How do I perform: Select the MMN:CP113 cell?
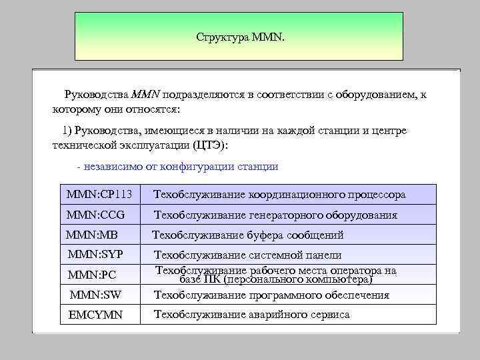point(99,195)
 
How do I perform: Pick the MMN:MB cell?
point(92,235)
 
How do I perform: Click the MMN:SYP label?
point(95,254)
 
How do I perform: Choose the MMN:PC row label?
point(93,275)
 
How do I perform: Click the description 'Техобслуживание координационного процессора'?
point(279,195)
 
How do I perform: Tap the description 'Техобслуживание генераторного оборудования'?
point(275,215)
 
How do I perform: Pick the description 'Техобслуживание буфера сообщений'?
point(248,235)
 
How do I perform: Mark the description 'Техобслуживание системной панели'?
point(248,255)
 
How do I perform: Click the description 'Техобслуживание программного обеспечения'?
point(271,295)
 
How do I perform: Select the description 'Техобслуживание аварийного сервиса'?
point(252,315)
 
